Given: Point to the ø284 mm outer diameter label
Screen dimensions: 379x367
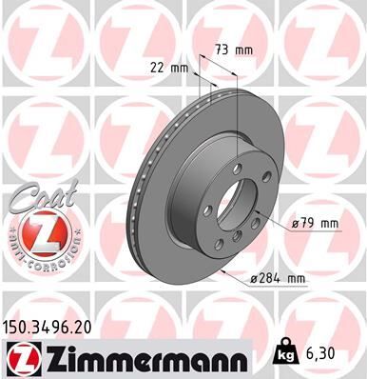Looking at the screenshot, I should point(278,278).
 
